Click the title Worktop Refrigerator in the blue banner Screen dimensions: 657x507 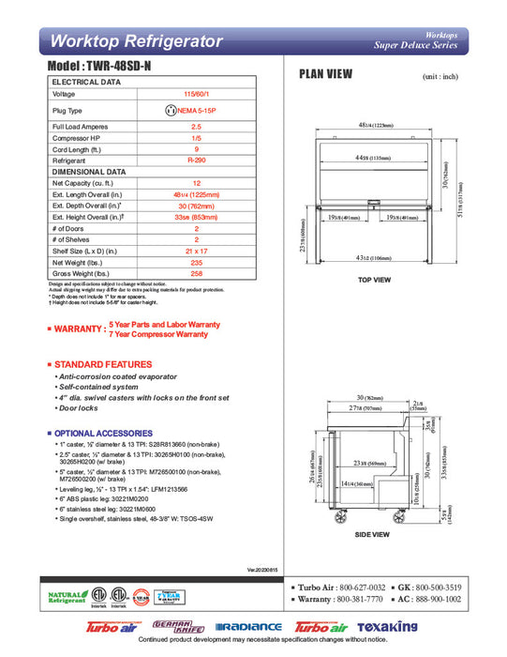coord(136,41)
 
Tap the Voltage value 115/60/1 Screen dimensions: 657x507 coord(197,95)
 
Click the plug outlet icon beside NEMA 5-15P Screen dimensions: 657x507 coord(171,110)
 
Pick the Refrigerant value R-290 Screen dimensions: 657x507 coord(197,160)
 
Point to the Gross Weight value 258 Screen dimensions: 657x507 coord(197,274)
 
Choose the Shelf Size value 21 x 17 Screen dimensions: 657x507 coord(197,252)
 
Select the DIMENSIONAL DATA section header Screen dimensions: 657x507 coord(89,172)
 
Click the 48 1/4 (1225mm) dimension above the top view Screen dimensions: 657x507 coord(375,126)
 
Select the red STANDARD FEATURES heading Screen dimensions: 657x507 coord(102,363)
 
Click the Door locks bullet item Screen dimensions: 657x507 coord(79,408)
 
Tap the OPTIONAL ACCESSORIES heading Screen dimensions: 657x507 coord(104,433)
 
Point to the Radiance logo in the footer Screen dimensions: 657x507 coord(248,627)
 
